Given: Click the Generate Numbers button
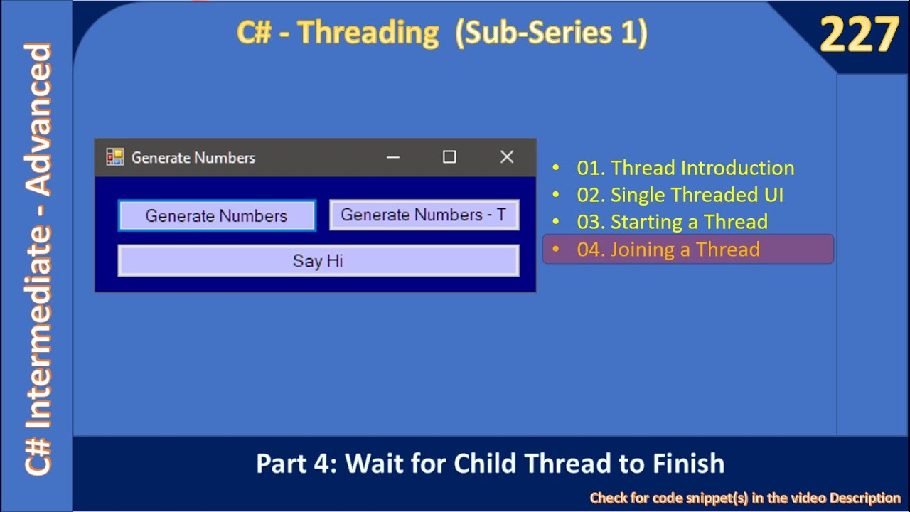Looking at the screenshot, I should [217, 215].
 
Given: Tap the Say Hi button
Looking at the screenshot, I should [318, 261].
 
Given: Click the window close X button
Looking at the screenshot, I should [506, 157].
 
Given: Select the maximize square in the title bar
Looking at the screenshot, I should [449, 157].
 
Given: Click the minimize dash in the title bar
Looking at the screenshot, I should [392, 157].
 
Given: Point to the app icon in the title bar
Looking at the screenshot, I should [114, 157].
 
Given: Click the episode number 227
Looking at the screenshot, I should [859, 36].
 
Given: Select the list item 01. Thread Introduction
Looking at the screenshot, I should [685, 168].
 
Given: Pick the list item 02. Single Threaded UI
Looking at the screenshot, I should [680, 195].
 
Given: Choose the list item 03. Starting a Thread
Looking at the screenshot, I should [672, 222].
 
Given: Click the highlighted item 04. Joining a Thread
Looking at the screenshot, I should [668, 250].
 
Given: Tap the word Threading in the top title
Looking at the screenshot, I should [368, 33].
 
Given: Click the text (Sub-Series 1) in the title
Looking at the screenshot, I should [551, 33].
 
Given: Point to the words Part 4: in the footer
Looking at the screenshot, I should [296, 464].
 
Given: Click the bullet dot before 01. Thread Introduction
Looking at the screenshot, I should [557, 169].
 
